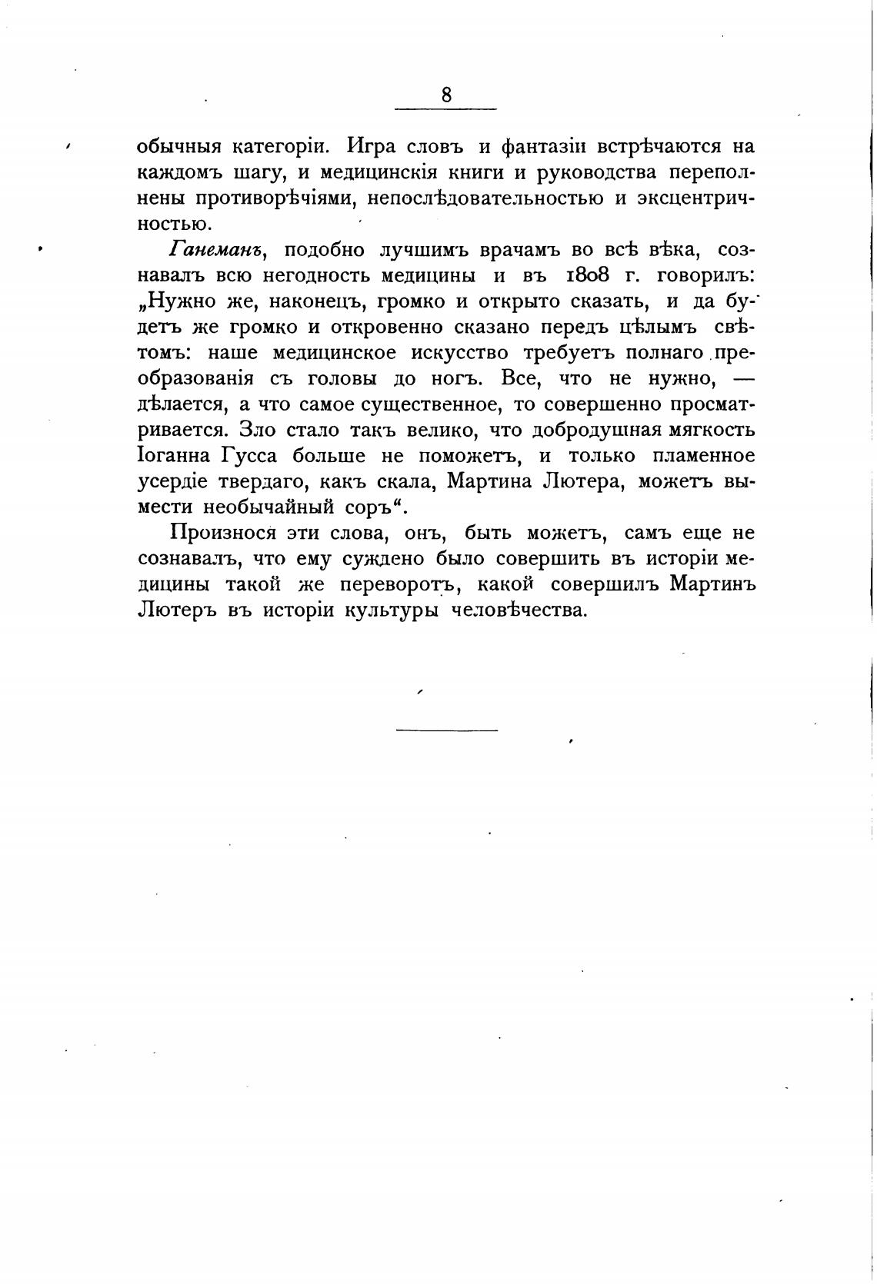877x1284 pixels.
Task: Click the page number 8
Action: click(446, 95)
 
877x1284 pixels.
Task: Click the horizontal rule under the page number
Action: click(445, 109)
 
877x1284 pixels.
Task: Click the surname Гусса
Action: click(248, 456)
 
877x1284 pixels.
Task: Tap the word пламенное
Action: click(703, 456)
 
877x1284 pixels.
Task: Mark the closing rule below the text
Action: click(446, 729)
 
